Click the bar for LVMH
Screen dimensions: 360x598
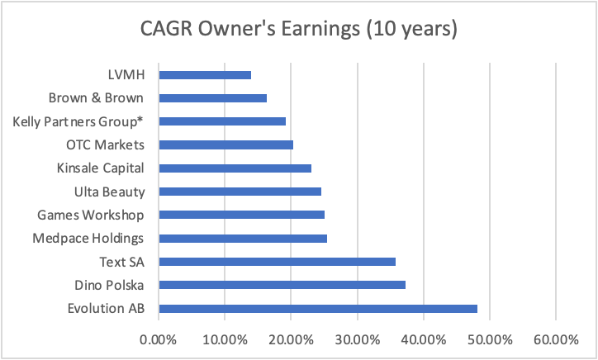tap(205, 74)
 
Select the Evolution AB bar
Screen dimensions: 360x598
tap(318, 309)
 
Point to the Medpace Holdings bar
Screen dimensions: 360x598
tap(243, 239)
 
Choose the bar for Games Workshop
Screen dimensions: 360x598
tap(241, 215)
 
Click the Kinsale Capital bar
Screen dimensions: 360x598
tap(235, 168)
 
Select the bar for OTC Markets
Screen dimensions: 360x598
tap(225, 144)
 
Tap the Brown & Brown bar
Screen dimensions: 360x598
tap(212, 98)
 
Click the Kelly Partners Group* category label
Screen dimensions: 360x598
tap(80, 121)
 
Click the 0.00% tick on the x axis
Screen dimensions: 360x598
tap(159, 339)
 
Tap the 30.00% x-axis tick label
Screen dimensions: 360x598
tap(357, 339)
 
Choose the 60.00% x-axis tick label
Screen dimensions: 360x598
tap(555, 339)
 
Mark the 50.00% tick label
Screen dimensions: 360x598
tap(489, 339)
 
